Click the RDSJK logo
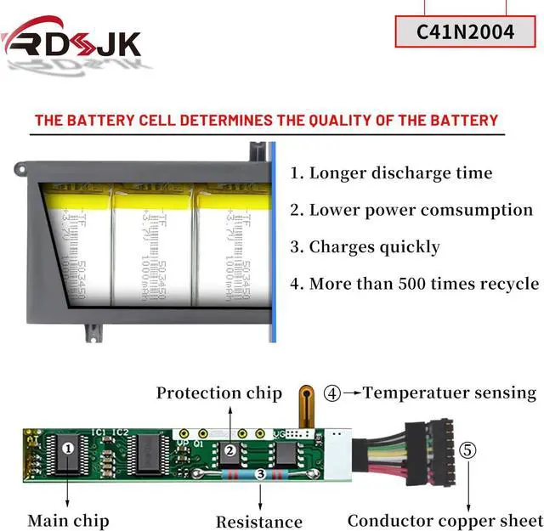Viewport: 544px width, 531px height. (71, 39)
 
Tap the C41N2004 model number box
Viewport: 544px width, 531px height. (465, 32)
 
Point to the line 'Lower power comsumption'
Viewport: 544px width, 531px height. (411, 210)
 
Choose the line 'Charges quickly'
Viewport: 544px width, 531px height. (365, 247)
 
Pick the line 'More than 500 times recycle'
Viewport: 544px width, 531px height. (414, 284)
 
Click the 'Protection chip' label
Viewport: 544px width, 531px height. (218, 393)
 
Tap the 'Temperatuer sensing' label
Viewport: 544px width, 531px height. (450, 393)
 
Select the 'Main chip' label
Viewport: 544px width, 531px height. (68, 520)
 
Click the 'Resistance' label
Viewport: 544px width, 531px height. (258, 522)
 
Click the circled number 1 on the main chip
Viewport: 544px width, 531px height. (70, 446)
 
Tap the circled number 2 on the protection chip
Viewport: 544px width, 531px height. (229, 451)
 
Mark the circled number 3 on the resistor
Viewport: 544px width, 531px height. (259, 474)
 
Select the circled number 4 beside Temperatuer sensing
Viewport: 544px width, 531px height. (332, 393)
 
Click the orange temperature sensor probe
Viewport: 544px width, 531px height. (304, 406)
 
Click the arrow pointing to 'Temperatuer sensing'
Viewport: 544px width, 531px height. (352, 393)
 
